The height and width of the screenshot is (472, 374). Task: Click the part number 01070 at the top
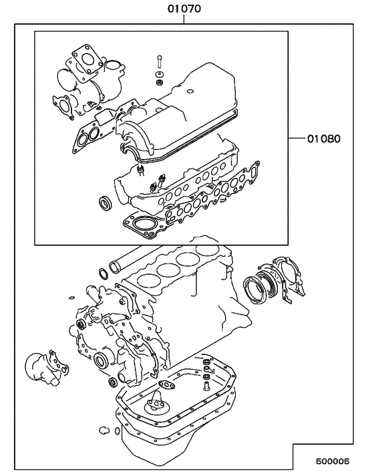pyautogui.click(x=184, y=9)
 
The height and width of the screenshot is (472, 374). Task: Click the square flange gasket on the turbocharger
pyautogui.click(x=85, y=57)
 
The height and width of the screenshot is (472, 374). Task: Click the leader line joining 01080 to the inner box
pyautogui.click(x=297, y=139)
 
